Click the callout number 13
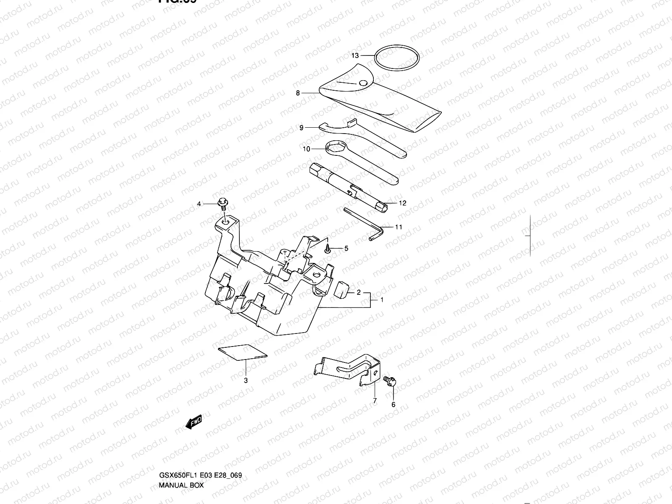pyautogui.click(x=355, y=55)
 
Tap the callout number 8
pyautogui.click(x=298, y=93)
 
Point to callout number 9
pyautogui.click(x=301, y=128)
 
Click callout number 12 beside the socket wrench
pyautogui.click(x=402, y=203)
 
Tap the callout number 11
pyautogui.click(x=399, y=227)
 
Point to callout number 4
pyautogui.click(x=199, y=205)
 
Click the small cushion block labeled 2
pyautogui.click(x=343, y=289)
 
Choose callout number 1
pyautogui.click(x=382, y=300)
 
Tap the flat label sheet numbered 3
pyautogui.click(x=243, y=352)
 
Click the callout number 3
pyautogui.click(x=246, y=381)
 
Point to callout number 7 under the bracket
pyautogui.click(x=375, y=401)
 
